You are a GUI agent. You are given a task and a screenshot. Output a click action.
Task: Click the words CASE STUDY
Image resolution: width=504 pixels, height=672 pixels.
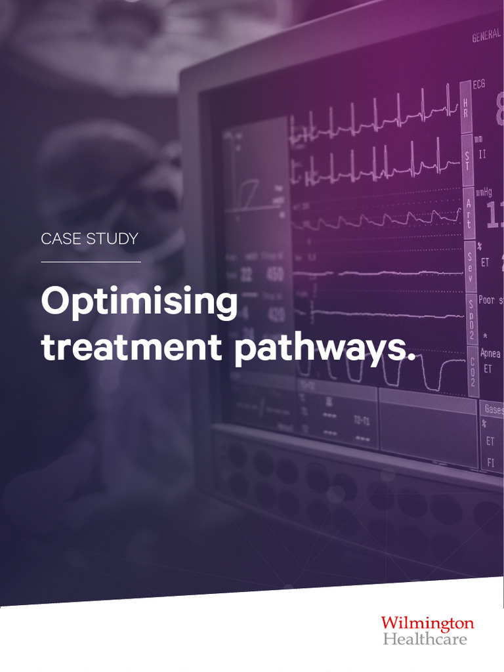[89, 240]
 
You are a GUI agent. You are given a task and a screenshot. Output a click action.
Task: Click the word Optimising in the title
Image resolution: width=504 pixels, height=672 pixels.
[139, 303]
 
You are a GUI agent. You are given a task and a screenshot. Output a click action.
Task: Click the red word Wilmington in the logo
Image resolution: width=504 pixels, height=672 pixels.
[427, 623]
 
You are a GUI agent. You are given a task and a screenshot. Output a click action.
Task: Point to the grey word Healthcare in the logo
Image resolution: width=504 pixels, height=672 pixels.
[425, 639]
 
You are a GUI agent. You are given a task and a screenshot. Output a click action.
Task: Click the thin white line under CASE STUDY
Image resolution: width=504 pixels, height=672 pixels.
[91, 262]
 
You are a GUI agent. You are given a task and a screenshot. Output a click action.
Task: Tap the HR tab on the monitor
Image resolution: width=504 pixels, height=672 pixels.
[466, 105]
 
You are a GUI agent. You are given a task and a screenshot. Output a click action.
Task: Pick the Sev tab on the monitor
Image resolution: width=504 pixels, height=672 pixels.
[470, 266]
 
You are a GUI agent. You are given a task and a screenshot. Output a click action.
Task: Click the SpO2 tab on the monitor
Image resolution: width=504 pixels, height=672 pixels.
[471, 319]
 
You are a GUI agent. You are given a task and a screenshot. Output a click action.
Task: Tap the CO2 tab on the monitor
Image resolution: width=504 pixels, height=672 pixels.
[472, 371]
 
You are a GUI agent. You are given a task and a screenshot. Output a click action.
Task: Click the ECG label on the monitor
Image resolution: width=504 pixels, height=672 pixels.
[479, 84]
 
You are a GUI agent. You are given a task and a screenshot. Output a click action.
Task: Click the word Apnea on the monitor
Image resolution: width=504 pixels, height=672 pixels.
[490, 354]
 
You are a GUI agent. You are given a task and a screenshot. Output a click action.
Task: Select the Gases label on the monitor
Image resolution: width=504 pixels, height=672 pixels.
[493, 409]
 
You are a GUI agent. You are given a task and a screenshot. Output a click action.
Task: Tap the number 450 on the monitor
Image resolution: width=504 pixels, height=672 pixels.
[275, 274]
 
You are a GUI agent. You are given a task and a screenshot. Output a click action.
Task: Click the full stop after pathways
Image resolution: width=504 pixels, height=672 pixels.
[411, 358]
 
